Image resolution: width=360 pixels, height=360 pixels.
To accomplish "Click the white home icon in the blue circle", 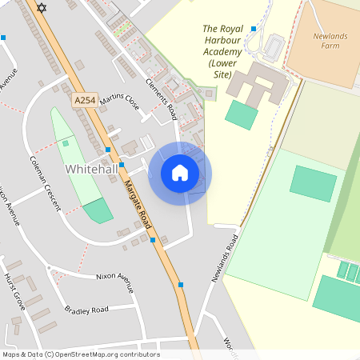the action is point(180,173).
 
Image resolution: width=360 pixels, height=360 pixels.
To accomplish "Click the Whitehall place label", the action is point(91,170).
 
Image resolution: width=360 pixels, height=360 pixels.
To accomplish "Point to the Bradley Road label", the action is point(86,310).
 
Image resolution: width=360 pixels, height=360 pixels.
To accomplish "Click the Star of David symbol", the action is point(42,7).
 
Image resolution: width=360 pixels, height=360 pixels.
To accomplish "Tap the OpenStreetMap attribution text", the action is point(81,354).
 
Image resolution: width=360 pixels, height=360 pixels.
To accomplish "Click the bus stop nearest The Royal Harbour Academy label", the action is point(254,29).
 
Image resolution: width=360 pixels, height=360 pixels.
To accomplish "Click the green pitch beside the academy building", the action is point(241,114).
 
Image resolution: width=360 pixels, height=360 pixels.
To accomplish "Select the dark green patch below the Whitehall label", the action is point(98,211).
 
